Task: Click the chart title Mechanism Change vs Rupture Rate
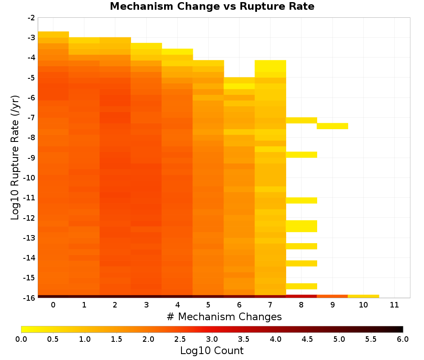click(x=212, y=6)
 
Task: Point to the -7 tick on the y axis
click(x=31, y=118)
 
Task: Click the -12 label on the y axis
click(x=29, y=218)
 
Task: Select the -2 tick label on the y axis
click(x=31, y=18)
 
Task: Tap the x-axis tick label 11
click(x=394, y=305)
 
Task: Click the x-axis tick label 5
click(x=208, y=305)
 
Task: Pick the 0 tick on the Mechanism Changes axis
click(x=53, y=305)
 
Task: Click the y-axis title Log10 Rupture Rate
click(x=15, y=158)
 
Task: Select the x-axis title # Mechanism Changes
click(x=224, y=316)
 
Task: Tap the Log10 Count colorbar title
click(x=212, y=351)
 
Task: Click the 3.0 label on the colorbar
click(x=212, y=339)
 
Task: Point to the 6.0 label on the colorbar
click(x=403, y=339)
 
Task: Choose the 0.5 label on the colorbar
click(x=53, y=339)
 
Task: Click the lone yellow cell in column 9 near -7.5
click(x=332, y=126)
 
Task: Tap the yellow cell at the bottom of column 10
click(x=363, y=296)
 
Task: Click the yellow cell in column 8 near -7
click(x=301, y=120)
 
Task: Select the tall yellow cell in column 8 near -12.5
click(x=301, y=226)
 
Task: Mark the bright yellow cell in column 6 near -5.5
click(x=239, y=86)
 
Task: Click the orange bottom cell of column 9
click(x=332, y=296)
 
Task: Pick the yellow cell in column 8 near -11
click(x=301, y=200)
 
